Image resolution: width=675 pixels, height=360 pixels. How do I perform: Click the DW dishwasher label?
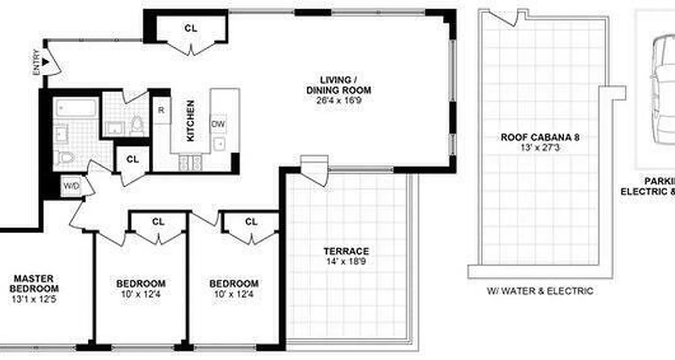pyautogui.click(x=218, y=124)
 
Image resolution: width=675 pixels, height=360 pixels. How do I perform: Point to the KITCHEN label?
pyautogui.click(x=190, y=121)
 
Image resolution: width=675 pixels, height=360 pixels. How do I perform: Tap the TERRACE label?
pyautogui.click(x=346, y=251)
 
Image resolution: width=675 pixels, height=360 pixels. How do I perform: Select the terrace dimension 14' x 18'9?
pyautogui.click(x=346, y=261)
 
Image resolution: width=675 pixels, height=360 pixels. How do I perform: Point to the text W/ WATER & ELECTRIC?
pyautogui.click(x=540, y=291)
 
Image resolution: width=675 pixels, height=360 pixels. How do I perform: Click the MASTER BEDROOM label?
pyautogui.click(x=34, y=283)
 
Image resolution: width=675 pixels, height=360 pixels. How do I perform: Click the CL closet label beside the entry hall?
pyautogui.click(x=191, y=28)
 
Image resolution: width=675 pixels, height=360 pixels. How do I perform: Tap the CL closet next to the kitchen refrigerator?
pyautogui.click(x=132, y=159)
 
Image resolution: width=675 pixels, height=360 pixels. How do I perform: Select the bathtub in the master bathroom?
pyautogui.click(x=76, y=108)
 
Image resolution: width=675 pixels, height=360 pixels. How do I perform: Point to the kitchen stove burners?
pyautogui.click(x=191, y=163)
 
